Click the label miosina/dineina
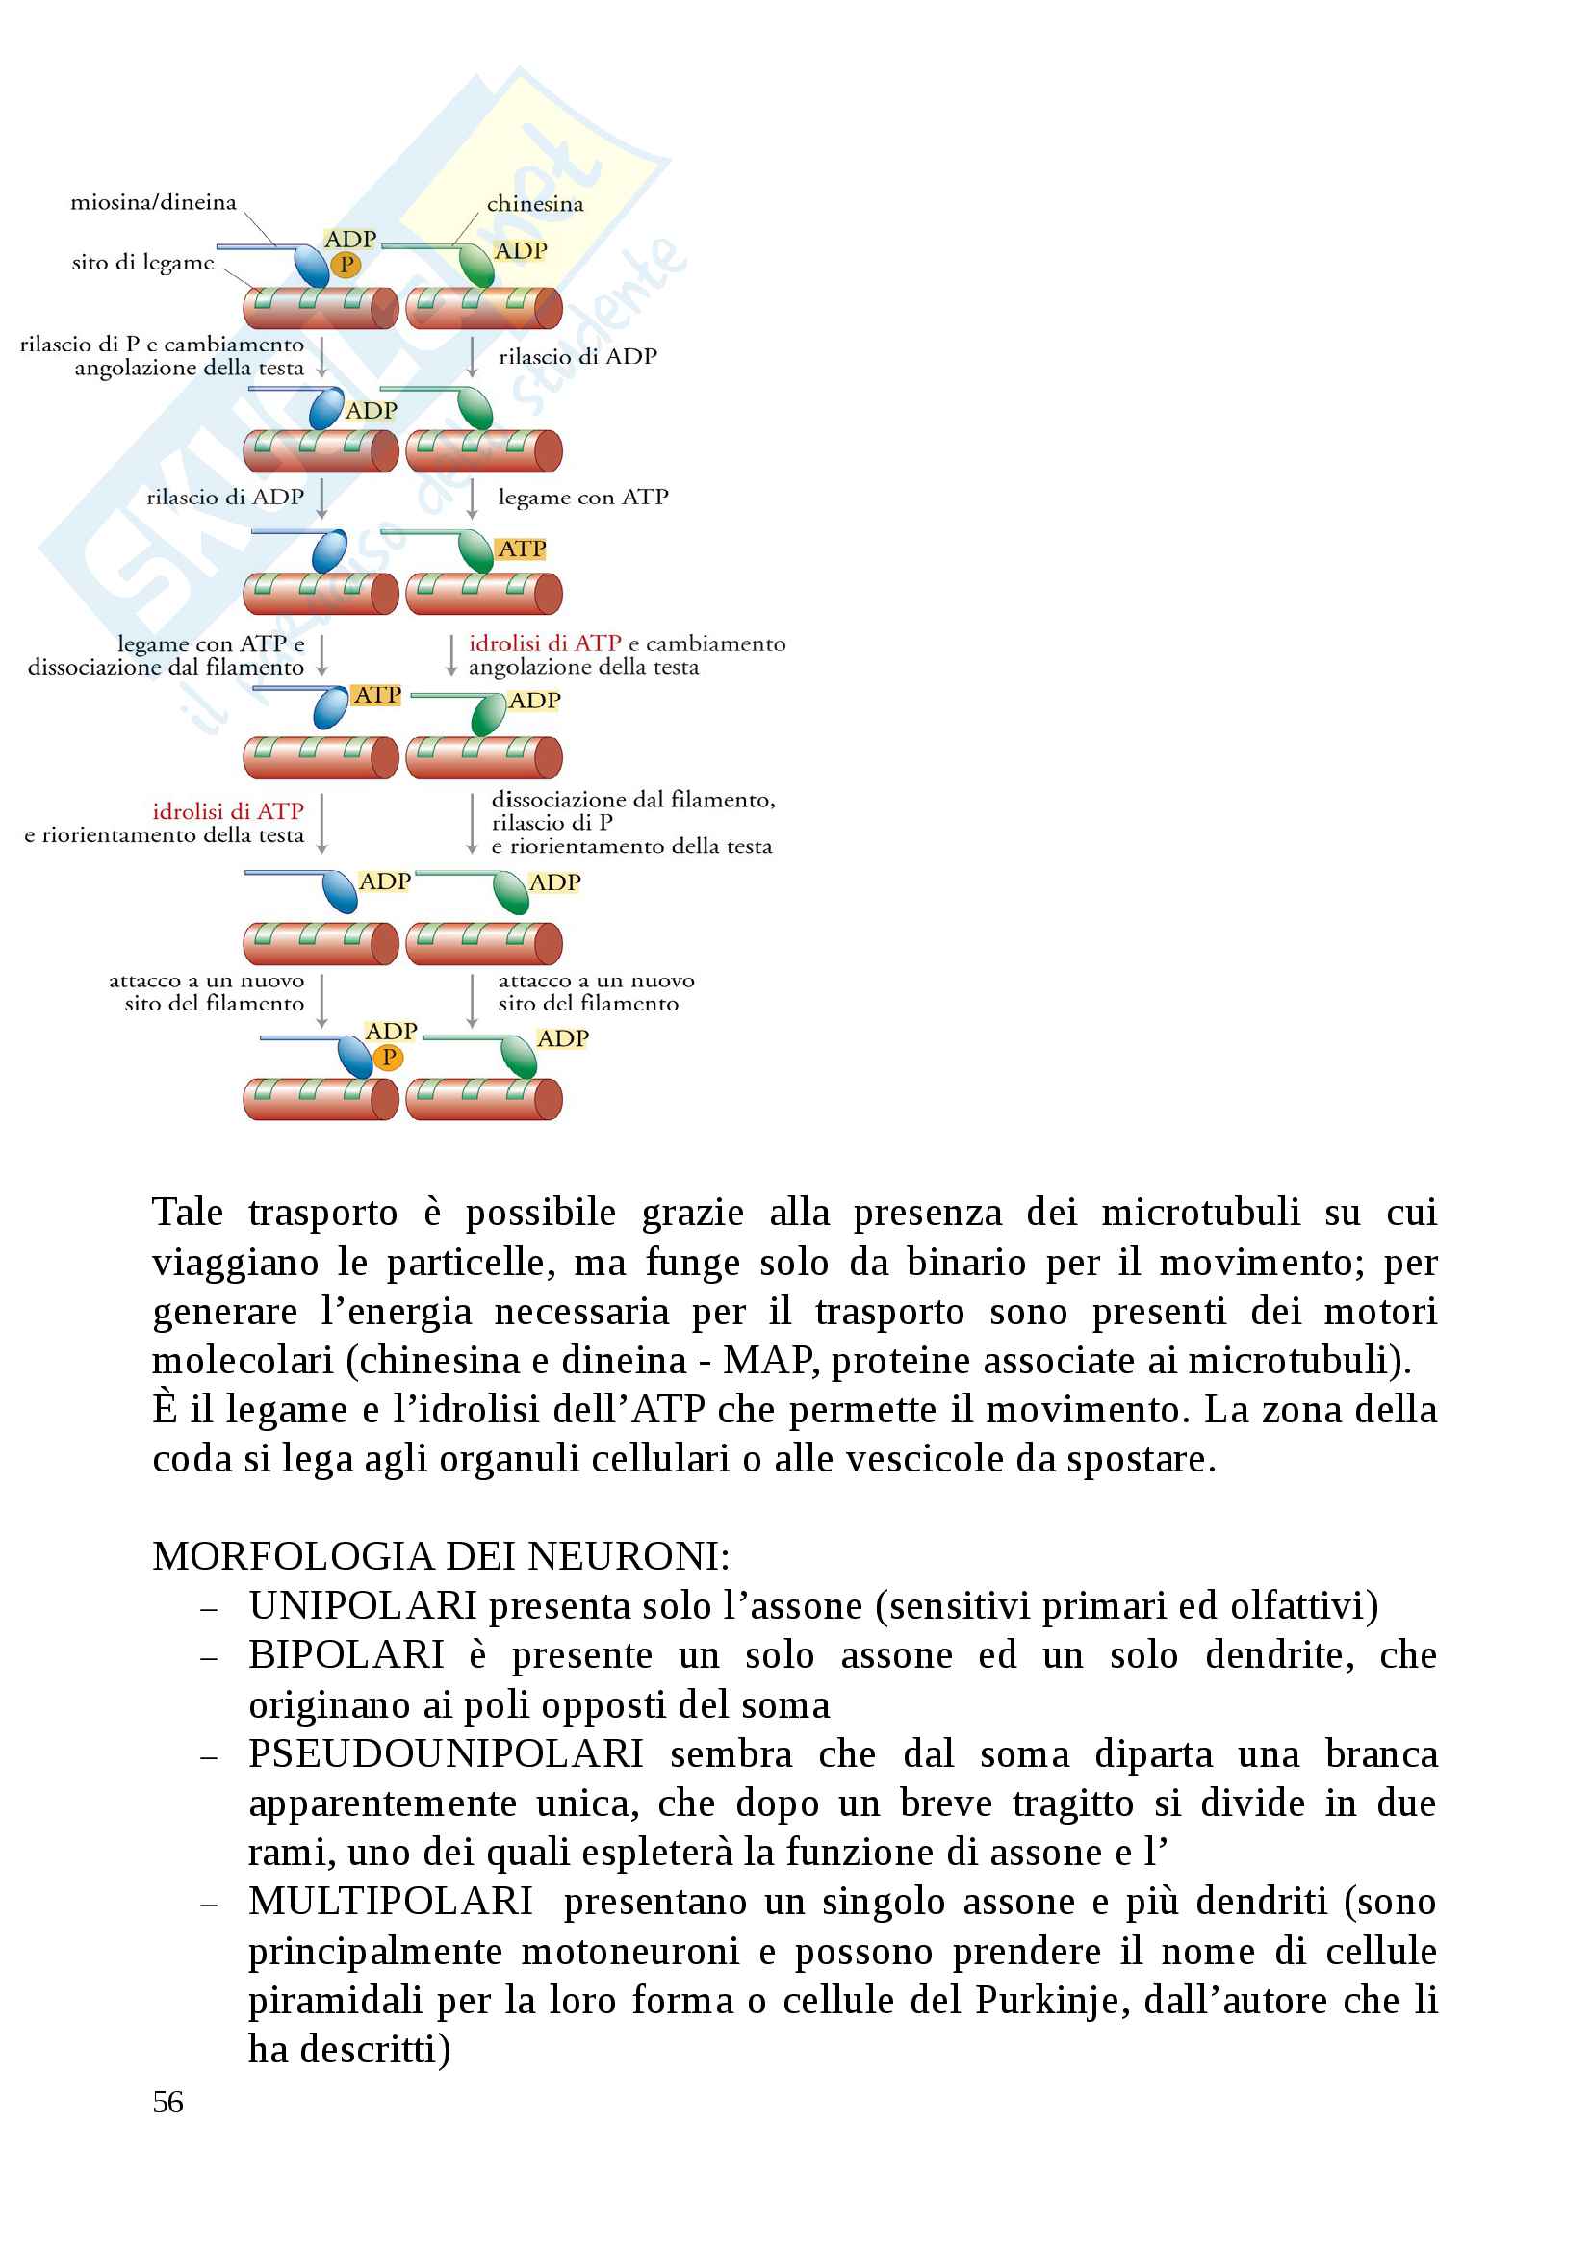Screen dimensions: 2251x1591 [x=153, y=202]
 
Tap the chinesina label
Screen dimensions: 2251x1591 [x=534, y=204]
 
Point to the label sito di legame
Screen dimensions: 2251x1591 [x=142, y=262]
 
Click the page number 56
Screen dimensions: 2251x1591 [x=167, y=2101]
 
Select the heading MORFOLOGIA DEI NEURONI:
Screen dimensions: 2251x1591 [x=440, y=1555]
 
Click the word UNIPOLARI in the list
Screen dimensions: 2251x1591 [x=362, y=1605]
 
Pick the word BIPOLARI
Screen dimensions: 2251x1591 [x=346, y=1654]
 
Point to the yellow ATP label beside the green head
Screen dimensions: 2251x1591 [x=522, y=549]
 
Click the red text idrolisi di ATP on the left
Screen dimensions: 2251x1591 [x=227, y=810]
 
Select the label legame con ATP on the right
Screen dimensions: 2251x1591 [x=582, y=497]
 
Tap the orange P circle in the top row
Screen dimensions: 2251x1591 [x=346, y=265]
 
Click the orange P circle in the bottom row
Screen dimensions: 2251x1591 [x=388, y=1057]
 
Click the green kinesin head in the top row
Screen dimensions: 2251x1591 [x=477, y=265]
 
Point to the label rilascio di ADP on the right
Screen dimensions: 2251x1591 [x=577, y=357]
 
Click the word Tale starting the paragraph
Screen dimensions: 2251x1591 [x=187, y=1212]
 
